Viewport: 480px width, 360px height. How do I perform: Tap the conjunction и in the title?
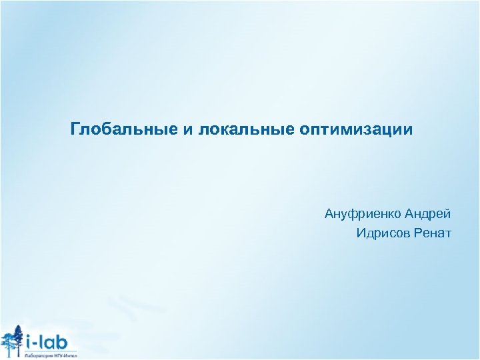point(187,128)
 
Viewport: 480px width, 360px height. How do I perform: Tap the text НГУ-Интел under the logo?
point(65,356)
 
